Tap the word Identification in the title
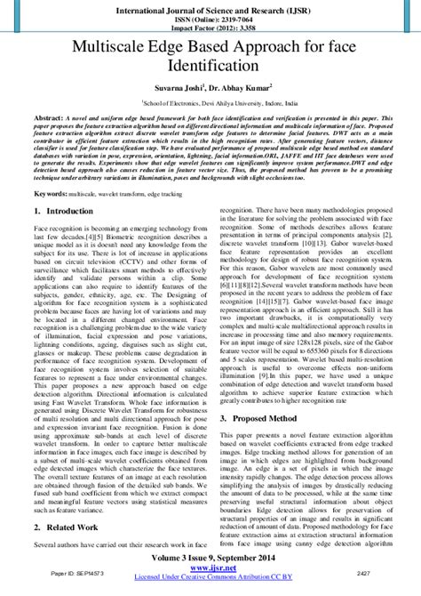coord(210,66)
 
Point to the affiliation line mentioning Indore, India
coord(210,103)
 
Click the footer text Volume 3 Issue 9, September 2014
coord(210,565)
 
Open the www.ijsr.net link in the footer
coord(210,576)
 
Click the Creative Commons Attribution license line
coord(210,586)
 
